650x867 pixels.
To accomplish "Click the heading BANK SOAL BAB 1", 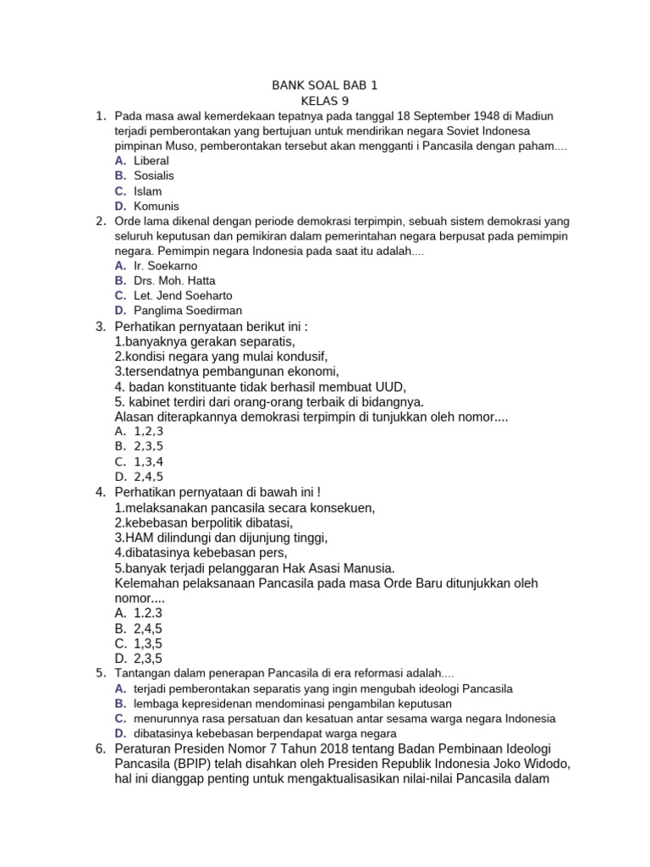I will point(324,86).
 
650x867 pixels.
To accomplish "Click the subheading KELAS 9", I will point(324,101).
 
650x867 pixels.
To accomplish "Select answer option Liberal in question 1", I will point(151,161).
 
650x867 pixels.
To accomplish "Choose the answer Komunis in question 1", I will point(156,206).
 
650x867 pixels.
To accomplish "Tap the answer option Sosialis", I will point(154,175).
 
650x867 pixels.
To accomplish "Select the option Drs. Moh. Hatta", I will point(174,280).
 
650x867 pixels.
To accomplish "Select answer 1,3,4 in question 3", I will point(148,461).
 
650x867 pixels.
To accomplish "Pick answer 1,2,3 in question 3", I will point(148,431).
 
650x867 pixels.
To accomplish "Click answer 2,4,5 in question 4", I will point(148,628).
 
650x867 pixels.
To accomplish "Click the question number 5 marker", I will point(100,673).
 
